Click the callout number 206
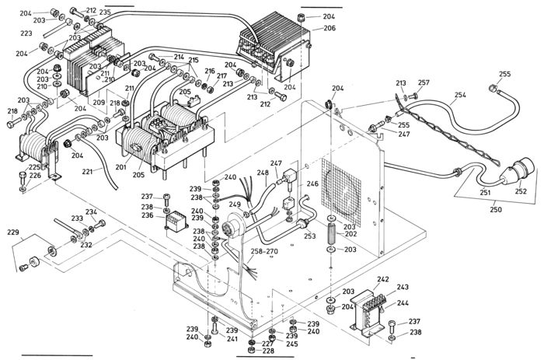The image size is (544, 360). tap(329, 28)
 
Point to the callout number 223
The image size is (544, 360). tap(26, 33)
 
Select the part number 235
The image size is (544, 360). tap(105, 12)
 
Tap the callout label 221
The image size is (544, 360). tap(87, 171)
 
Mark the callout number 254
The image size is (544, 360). tap(460, 95)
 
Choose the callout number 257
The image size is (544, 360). tap(424, 82)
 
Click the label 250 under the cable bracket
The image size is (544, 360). tap(494, 210)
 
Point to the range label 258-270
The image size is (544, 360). tap(265, 253)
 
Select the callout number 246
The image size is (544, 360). tap(312, 184)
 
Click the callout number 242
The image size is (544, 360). tap(382, 278)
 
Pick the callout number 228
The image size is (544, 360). tap(267, 351)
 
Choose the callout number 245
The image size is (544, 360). tap(291, 344)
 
